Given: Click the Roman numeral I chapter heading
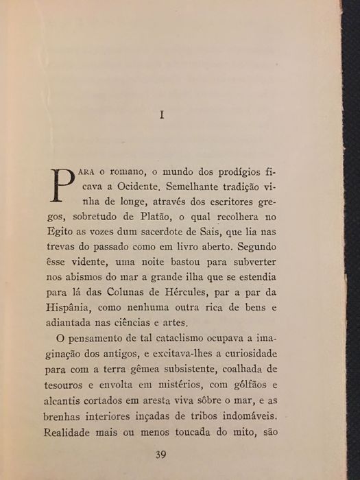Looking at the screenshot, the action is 162,115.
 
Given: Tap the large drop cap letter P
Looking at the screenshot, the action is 62,184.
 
